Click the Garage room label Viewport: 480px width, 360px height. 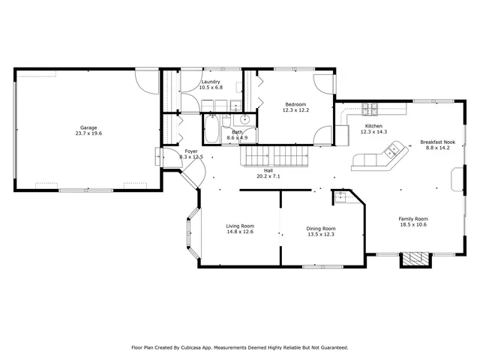pos(88,127)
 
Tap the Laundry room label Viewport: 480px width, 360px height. pos(211,82)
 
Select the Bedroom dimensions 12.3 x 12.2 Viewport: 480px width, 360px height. pos(295,110)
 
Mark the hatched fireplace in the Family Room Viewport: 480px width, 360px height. pos(415,259)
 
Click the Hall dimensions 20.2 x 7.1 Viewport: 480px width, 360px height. pos(268,176)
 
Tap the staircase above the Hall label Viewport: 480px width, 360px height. pos(274,157)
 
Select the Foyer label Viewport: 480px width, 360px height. pos(191,151)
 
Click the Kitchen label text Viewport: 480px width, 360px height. pos(373,126)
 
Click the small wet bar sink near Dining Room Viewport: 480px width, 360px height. pos(340,197)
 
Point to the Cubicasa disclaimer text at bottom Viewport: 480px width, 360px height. pos(240,347)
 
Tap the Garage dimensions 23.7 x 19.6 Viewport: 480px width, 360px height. pos(88,133)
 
